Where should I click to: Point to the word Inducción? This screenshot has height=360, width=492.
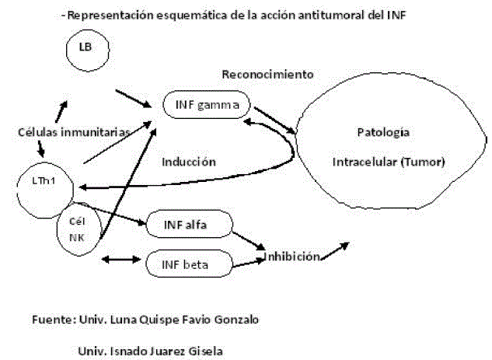point(188,162)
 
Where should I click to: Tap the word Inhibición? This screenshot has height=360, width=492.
point(293,257)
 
